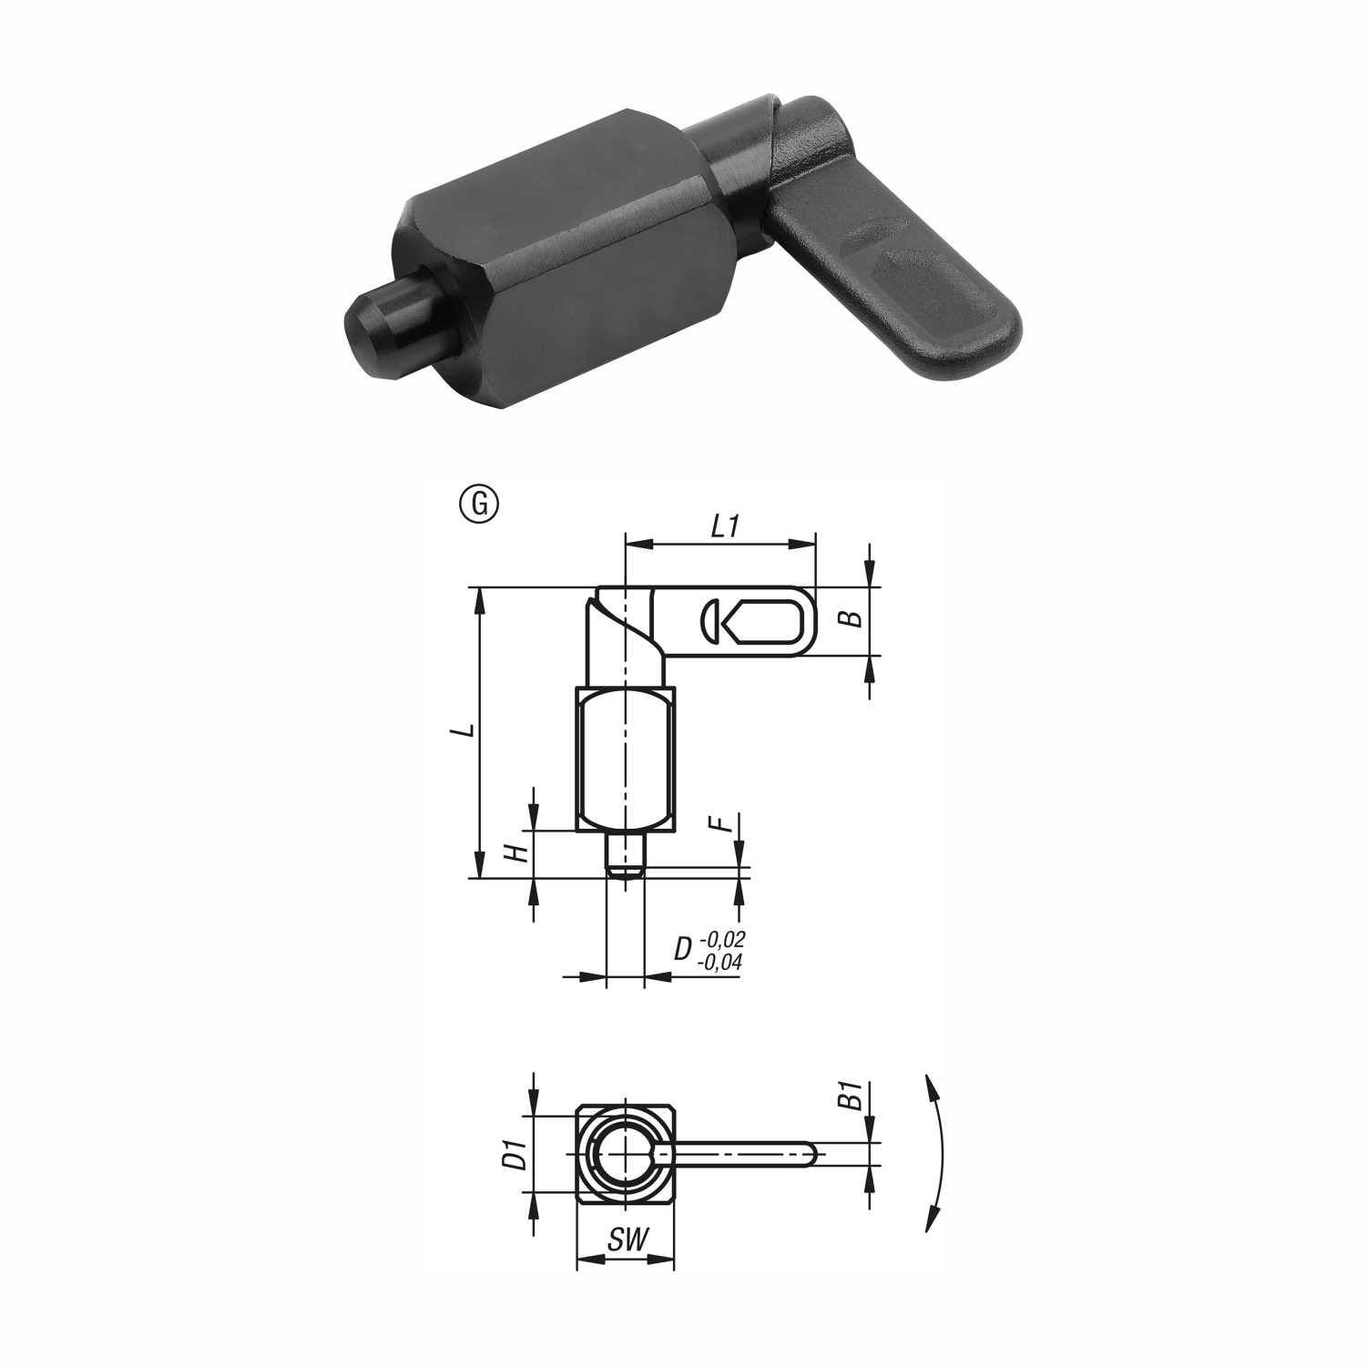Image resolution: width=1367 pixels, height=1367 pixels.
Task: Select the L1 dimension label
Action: coord(723,527)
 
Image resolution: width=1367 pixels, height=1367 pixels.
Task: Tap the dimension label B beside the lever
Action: coord(849,619)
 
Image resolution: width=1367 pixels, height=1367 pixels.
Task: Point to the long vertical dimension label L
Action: coord(466,731)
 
